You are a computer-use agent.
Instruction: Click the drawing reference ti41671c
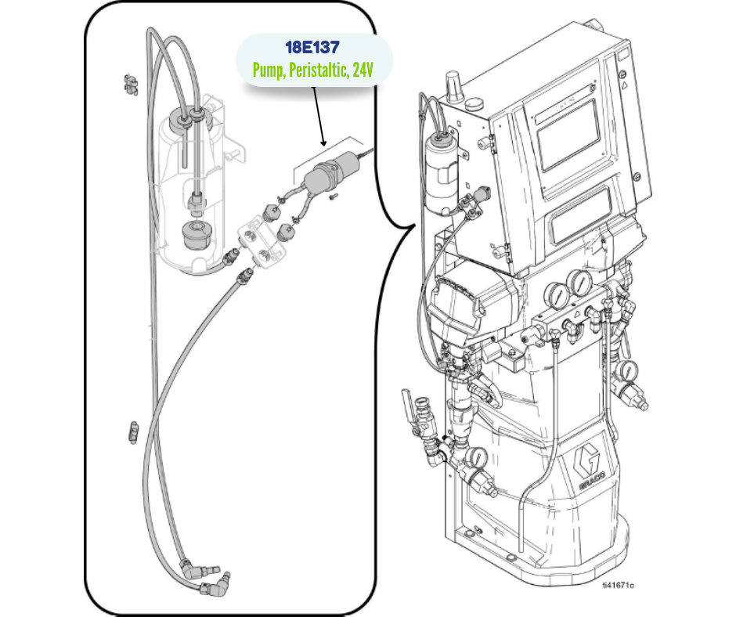(618, 585)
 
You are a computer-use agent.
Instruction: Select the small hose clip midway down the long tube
(132, 430)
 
